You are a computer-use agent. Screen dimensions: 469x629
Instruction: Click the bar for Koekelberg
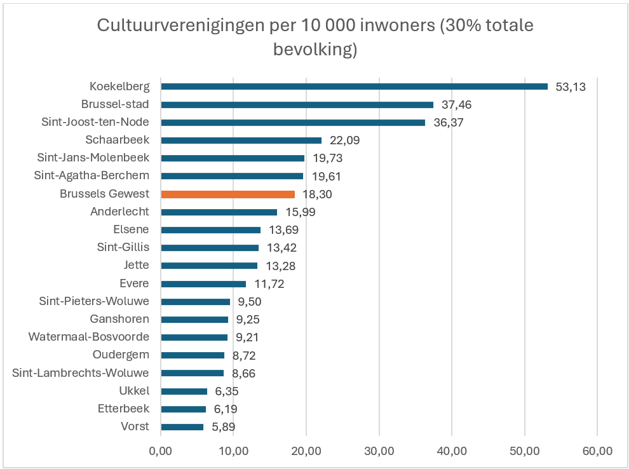point(354,86)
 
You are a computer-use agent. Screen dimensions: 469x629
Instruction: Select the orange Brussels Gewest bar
point(227,194)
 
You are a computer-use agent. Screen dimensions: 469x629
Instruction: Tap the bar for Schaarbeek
point(241,140)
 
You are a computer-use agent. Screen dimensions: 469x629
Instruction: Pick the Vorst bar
point(182,427)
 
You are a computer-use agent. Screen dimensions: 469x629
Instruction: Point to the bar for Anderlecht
point(219,212)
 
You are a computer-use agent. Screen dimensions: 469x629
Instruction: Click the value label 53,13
point(571,87)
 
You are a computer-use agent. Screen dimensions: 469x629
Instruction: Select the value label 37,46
point(457,105)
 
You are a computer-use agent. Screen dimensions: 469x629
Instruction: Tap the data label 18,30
point(318,194)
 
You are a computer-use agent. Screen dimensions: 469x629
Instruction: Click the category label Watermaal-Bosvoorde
point(89,337)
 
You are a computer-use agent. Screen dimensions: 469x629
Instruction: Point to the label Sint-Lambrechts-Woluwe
point(81,373)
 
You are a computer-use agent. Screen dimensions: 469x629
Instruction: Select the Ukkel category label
point(134,391)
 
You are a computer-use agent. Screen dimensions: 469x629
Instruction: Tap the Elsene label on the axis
point(133,229)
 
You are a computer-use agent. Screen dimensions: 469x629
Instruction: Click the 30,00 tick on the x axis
point(379,451)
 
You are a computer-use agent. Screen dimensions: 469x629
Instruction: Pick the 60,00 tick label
point(597,451)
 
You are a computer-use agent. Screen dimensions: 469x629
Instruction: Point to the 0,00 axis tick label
point(160,451)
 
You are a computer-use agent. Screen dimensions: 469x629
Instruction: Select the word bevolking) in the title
point(315,49)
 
